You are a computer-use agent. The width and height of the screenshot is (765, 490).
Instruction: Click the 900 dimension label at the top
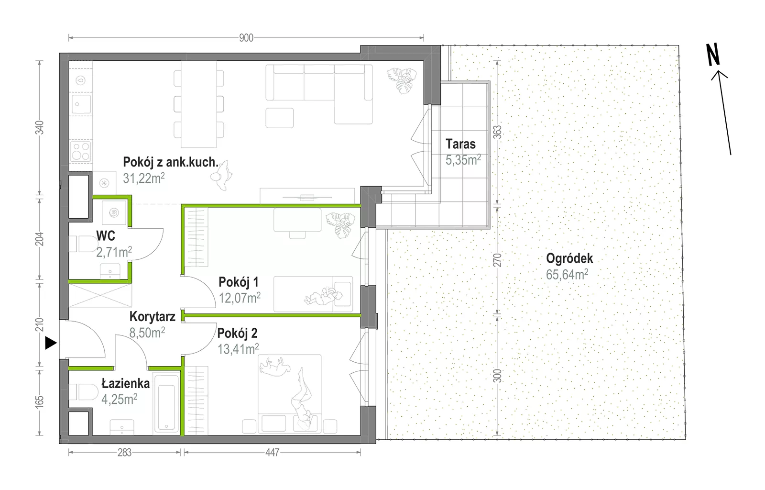(246, 38)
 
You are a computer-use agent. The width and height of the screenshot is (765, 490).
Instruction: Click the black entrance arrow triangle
(51, 343)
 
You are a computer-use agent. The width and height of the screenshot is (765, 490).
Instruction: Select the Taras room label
(460, 144)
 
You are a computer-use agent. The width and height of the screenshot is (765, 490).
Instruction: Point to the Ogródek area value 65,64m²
(567, 274)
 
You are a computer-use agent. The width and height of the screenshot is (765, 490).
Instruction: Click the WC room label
(106, 236)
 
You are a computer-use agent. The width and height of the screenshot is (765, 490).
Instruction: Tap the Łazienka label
(126, 383)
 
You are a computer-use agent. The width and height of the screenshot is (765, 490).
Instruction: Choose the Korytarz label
(153, 317)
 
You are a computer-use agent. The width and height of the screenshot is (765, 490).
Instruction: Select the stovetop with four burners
(81, 151)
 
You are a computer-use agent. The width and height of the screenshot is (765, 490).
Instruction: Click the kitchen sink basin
(81, 104)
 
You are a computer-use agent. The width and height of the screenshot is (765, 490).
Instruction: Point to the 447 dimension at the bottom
(272, 453)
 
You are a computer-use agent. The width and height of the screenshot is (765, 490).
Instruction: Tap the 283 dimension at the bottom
(124, 453)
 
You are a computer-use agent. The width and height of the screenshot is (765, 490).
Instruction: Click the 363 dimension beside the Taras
(498, 132)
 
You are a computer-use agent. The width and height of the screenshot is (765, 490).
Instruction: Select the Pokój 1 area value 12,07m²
(240, 298)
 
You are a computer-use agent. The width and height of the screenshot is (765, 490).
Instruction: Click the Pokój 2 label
(237, 333)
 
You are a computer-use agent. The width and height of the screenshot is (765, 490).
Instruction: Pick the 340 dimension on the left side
(40, 127)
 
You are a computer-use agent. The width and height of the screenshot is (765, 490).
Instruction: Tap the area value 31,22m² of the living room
(144, 178)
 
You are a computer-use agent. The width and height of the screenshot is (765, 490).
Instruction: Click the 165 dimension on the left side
(40, 401)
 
